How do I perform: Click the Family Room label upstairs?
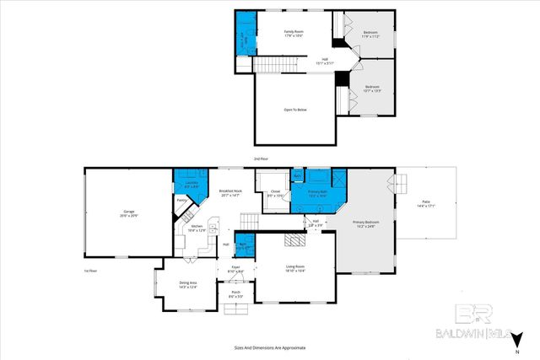pos(293,33)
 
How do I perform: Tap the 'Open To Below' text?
pos(294,110)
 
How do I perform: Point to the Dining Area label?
pos(188,284)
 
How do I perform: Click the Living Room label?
pos(294,268)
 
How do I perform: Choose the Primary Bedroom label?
pos(366,223)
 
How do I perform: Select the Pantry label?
pos(181,201)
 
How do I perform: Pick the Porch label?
pos(236,294)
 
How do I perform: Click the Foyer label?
pos(236,269)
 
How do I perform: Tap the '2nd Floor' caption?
pos(262,159)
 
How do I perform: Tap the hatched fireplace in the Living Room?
pos(294,240)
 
